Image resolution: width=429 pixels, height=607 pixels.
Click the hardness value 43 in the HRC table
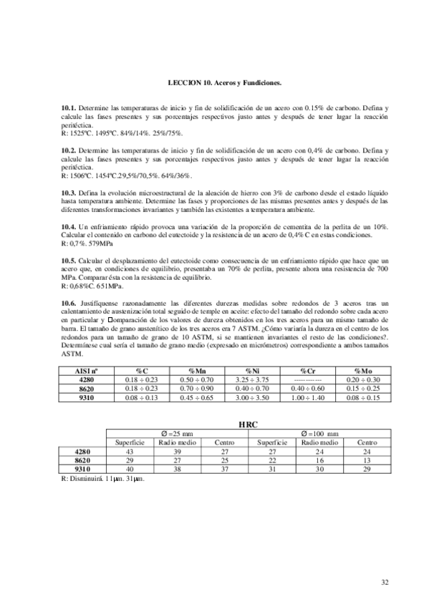pos(130,452)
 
